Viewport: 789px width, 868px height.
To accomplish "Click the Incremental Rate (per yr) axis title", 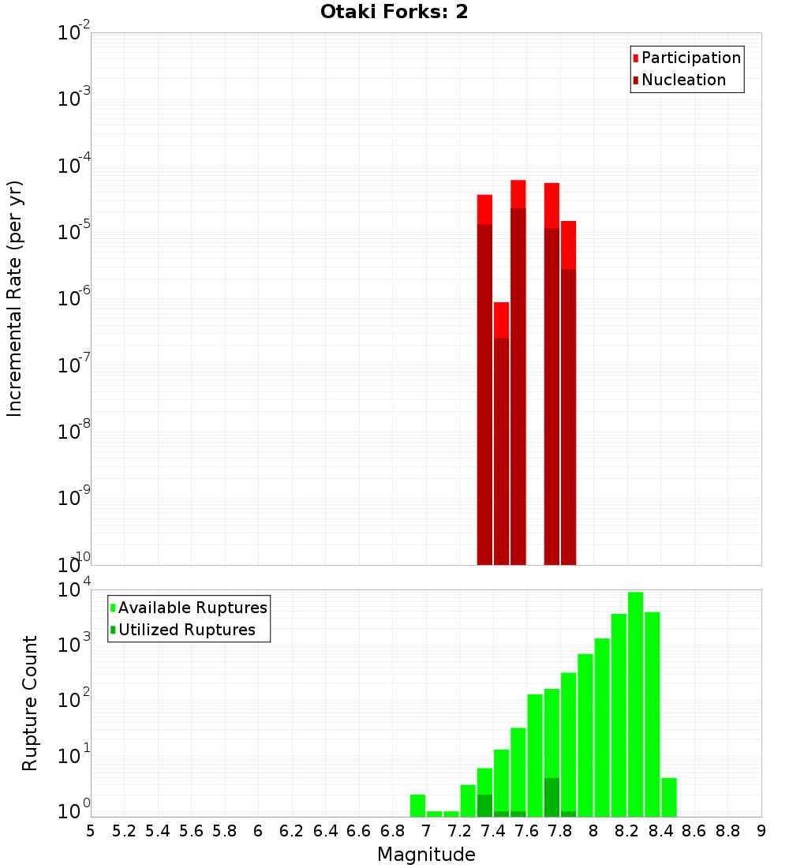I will [15, 298].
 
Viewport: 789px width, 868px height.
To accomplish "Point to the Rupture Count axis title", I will [30, 703].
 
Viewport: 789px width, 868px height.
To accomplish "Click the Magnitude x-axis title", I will [426, 855].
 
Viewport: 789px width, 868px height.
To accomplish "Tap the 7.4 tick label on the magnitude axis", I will [493, 831].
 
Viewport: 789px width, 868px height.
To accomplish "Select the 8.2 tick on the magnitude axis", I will [627, 831].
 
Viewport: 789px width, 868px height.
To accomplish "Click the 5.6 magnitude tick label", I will [191, 831].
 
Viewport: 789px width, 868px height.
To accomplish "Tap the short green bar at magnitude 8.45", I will [669, 797].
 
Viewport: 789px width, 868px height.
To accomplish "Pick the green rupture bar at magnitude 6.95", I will [417, 806].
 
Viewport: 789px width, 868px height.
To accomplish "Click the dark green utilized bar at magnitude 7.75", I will [552, 797].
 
